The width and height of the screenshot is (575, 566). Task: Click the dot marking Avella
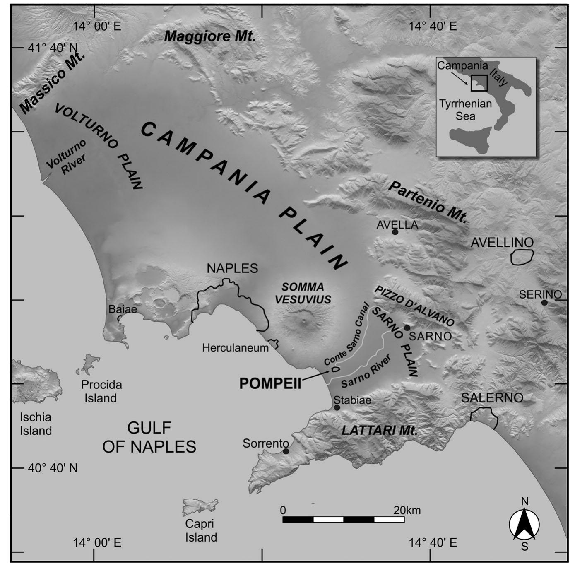coord(395,232)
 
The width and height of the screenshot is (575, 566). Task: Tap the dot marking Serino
coord(544,303)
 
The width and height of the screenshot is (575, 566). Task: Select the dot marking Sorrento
coord(286,451)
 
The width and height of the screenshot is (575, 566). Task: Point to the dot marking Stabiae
coord(337,407)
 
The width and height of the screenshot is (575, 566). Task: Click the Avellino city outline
coord(522,257)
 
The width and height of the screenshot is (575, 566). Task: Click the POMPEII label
coord(270,384)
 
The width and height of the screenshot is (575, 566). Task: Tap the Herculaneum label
coord(235,348)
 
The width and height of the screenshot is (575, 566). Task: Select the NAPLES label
coord(232,268)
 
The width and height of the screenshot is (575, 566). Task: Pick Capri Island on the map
coord(200,506)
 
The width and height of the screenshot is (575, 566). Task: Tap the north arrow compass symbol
coord(524,524)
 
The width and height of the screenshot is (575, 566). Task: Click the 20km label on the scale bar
coord(407,510)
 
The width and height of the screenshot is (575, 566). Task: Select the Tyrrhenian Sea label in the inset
coord(465,110)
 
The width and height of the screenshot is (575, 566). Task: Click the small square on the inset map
coord(479,82)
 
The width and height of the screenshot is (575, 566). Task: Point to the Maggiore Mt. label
coord(210,36)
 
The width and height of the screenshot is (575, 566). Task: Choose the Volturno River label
coord(66,157)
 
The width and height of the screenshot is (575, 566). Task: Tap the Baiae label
coord(123,309)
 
